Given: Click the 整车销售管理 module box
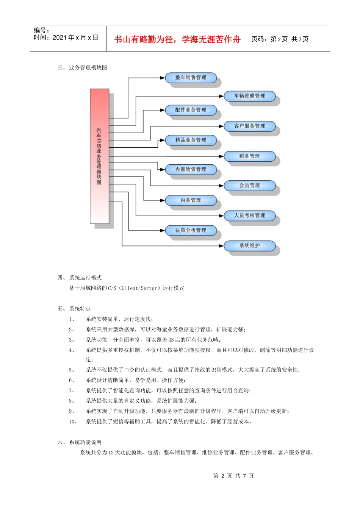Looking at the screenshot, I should tap(191, 78).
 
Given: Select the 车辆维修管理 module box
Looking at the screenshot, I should tap(249, 96).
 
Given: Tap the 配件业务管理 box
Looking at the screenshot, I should tap(191, 110).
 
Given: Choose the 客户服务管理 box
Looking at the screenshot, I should tap(249, 126).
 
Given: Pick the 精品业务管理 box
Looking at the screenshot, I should tap(191, 140).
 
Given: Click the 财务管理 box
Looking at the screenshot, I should tap(249, 156).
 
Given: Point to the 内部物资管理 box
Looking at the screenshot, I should tap(191, 169).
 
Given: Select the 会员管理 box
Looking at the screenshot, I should tap(249, 186).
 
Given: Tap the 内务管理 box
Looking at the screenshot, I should tap(191, 200).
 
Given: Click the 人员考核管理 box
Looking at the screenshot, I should tap(249, 215).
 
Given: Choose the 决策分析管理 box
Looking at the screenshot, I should tap(191, 230).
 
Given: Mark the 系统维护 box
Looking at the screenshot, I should tap(249, 246).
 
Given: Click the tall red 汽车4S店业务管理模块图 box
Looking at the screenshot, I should tap(99, 156).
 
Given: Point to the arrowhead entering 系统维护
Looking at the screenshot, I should tap(222, 246).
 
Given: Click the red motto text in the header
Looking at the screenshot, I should tap(177, 39).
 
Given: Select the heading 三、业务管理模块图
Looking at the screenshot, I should tap(82, 67).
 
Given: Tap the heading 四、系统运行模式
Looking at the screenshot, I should tap(80, 278).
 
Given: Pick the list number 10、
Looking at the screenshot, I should tap(73, 422).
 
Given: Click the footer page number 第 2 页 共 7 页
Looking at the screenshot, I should tap(233, 476).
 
